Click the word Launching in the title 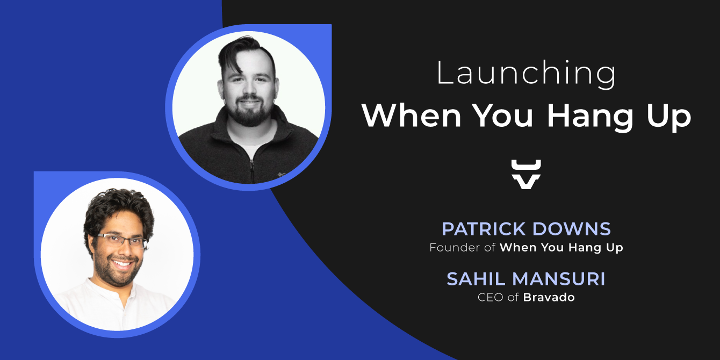point(526,73)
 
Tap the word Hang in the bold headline point(590,117)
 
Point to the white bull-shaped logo point(526,174)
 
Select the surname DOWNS point(572,229)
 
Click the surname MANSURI point(559,279)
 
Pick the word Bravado point(549,297)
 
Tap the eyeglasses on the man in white point(121,240)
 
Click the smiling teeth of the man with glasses point(122,264)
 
